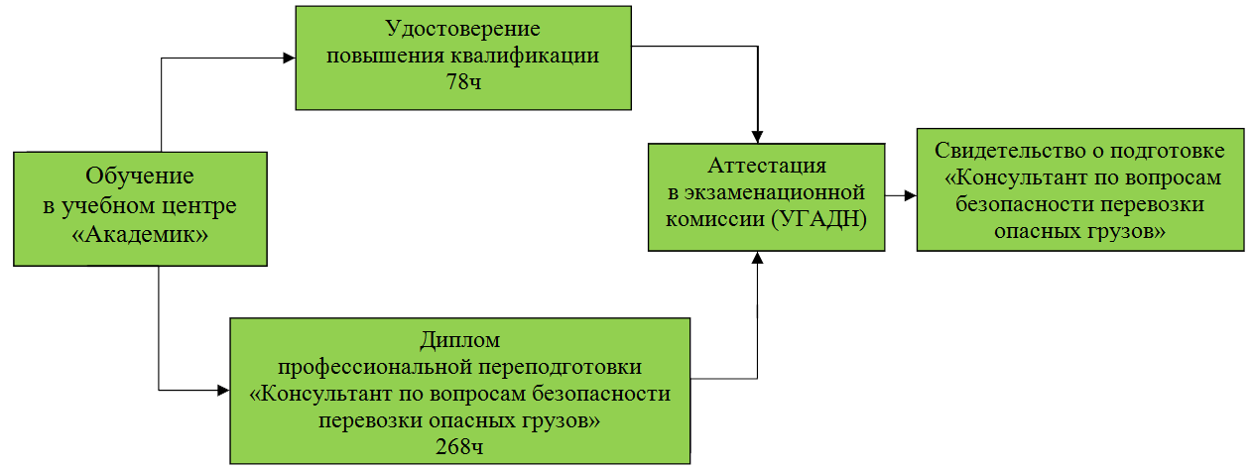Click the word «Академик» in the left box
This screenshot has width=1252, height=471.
140,235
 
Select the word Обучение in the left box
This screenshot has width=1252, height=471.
140,177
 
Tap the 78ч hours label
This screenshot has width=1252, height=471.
464,82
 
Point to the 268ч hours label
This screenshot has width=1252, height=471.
459,446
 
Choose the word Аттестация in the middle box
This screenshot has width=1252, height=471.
767,166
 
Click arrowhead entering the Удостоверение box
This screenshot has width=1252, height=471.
290,58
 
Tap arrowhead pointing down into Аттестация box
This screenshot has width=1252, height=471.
757,137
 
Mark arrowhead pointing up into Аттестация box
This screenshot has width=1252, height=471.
757,257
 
